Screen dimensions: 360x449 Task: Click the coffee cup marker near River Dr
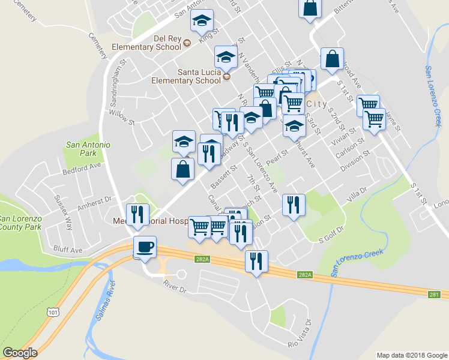[144, 247]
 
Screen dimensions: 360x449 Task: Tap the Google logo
[20, 353]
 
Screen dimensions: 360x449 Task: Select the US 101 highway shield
[53, 311]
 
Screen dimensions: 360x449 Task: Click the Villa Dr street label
[356, 194]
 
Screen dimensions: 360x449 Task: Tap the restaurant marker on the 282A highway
[256, 261]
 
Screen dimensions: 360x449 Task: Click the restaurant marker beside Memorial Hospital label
[137, 214]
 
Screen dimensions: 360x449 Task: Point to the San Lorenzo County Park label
[20, 223]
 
